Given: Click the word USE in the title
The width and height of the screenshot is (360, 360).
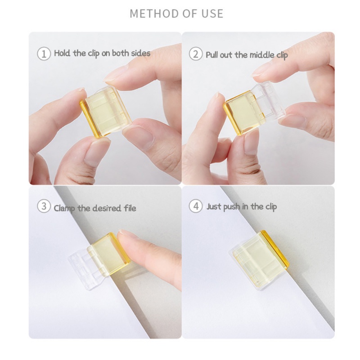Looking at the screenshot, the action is (212, 13).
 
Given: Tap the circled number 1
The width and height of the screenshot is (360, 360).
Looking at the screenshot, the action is (44, 54).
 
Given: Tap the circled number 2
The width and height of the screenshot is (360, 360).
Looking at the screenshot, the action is (196, 54).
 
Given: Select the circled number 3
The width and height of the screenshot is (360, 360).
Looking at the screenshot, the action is (44, 206).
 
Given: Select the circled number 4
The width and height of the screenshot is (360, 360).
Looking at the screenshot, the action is (196, 206).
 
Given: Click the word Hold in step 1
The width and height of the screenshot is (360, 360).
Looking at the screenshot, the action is (62, 53).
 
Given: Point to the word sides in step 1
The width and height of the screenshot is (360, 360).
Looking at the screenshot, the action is (140, 53).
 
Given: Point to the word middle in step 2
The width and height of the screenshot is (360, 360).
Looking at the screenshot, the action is (262, 55).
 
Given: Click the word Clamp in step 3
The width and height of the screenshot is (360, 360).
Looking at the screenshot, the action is (64, 208).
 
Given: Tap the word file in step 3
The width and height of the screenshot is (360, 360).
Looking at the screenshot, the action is (130, 208).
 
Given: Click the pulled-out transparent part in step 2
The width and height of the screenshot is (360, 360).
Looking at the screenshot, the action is (269, 101).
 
